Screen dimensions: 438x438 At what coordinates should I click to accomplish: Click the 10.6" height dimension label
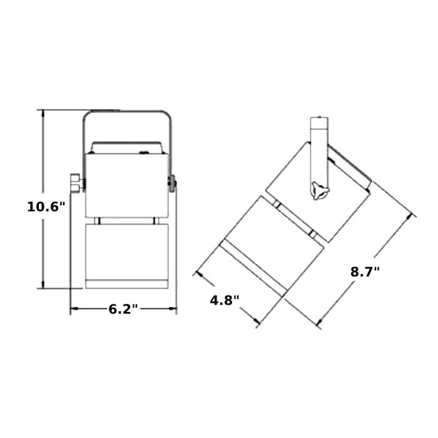tap(46, 206)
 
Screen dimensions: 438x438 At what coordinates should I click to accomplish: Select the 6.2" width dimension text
tap(123, 309)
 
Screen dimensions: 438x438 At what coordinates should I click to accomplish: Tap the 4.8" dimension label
tap(225, 300)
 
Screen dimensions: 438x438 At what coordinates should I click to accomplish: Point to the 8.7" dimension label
tap(365, 272)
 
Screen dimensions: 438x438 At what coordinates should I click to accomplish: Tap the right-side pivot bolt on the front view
tap(172, 183)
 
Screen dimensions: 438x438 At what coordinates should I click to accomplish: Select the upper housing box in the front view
tap(127, 185)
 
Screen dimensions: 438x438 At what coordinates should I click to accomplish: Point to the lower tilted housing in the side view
tap(272, 246)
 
